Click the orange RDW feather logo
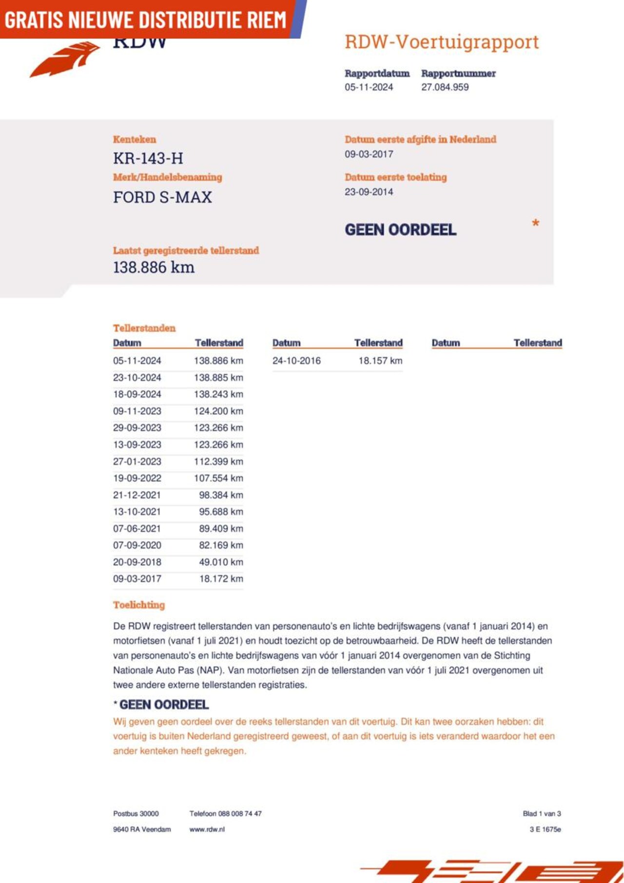click(x=66, y=59)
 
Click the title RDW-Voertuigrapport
click(x=441, y=42)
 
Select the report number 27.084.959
click(x=445, y=87)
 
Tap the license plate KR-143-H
click(x=148, y=158)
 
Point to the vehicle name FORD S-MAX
click(x=162, y=197)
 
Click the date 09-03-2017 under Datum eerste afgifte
click(x=369, y=154)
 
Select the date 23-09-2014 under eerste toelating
click(x=369, y=192)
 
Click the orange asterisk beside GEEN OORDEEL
click(x=535, y=224)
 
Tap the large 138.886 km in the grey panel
click(x=154, y=268)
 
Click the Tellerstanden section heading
click(x=144, y=328)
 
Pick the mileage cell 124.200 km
click(x=218, y=411)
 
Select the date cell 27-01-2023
click(x=137, y=461)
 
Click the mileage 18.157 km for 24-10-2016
click(x=380, y=361)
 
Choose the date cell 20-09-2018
click(x=137, y=562)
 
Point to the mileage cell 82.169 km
click(x=221, y=545)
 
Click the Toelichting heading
click(x=139, y=605)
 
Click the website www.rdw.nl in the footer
click(x=207, y=829)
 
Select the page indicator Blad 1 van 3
click(x=542, y=813)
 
